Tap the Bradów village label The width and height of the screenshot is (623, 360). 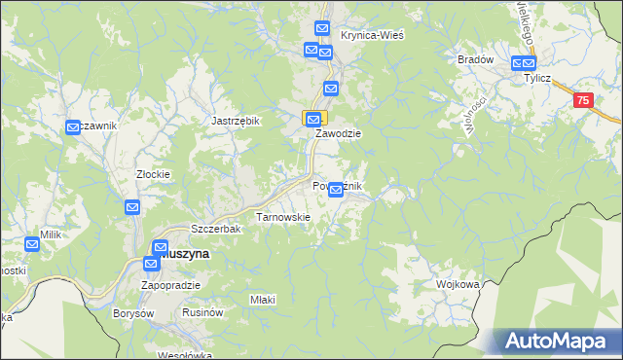[476, 59]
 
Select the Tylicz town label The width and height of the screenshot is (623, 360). [538, 78]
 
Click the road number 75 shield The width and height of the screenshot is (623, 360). [582, 100]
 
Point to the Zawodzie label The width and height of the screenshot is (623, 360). [338, 135]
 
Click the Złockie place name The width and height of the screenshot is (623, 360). [153, 175]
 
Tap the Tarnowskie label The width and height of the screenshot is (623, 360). [282, 217]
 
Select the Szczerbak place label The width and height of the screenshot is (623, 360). [215, 229]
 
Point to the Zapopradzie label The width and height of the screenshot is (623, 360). [170, 285]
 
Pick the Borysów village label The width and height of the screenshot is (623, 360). [134, 313]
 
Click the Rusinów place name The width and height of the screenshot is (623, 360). [203, 313]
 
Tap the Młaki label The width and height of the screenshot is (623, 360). [263, 299]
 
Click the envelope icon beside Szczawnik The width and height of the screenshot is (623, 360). [73, 126]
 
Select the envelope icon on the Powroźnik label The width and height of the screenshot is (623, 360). [336, 190]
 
